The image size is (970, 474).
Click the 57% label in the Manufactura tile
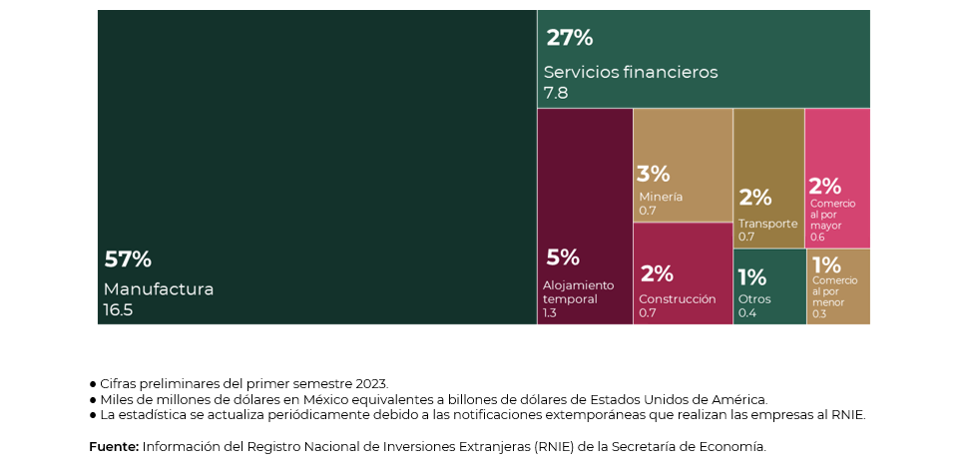pyautogui.click(x=128, y=259)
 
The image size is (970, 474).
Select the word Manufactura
pyautogui.click(x=159, y=289)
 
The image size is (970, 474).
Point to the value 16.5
pyautogui.click(x=118, y=309)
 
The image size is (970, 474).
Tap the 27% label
pyautogui.click(x=569, y=38)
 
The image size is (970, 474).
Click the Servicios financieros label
pyautogui.click(x=630, y=72)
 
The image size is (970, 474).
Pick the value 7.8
pyautogui.click(x=556, y=93)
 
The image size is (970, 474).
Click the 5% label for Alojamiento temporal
pyautogui.click(x=562, y=257)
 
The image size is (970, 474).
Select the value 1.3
pyautogui.click(x=550, y=313)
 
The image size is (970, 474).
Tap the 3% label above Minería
pyautogui.click(x=653, y=174)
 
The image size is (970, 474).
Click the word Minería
pyautogui.click(x=661, y=197)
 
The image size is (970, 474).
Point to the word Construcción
pyautogui.click(x=677, y=298)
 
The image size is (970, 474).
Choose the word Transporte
pyautogui.click(x=767, y=224)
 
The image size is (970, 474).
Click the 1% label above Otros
pyautogui.click(x=751, y=277)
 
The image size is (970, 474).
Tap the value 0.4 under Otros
pyautogui.click(x=747, y=313)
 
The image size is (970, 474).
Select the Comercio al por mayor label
pyautogui.click(x=832, y=215)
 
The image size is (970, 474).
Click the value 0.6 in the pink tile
pyautogui.click(x=817, y=237)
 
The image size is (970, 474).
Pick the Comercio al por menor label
pyautogui.click(x=834, y=290)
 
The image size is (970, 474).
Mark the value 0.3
pyautogui.click(x=819, y=313)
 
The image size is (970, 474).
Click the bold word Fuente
pyautogui.click(x=114, y=446)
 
